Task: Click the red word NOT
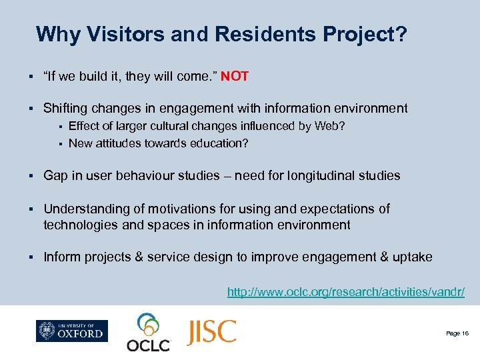point(235,76)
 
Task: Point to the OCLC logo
point(149,332)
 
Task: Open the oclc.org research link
point(345,292)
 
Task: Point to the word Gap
point(56,176)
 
